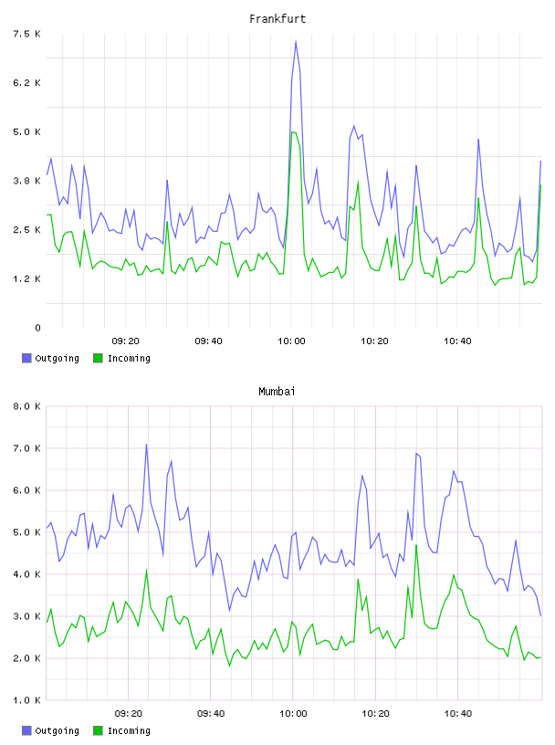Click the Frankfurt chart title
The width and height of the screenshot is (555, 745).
[x=277, y=19]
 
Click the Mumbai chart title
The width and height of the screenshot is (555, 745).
[x=277, y=392]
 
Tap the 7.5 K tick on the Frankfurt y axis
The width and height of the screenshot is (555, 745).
[x=26, y=34]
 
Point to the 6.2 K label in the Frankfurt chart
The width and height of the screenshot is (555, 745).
[x=26, y=83]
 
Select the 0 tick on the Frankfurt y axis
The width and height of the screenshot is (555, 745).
[x=37, y=328]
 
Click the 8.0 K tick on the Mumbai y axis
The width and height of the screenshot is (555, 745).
[x=26, y=406]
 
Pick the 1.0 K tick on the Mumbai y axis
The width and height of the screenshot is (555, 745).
[x=26, y=700]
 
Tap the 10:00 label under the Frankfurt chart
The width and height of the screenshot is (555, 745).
[x=291, y=341]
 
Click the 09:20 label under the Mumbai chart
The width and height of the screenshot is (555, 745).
[x=129, y=714]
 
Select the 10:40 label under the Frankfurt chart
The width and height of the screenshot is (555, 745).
[x=457, y=341]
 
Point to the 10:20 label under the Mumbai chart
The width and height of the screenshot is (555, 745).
[x=375, y=714]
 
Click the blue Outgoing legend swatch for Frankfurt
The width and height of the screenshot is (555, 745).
[x=26, y=358]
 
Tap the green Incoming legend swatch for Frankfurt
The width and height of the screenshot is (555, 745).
[x=98, y=358]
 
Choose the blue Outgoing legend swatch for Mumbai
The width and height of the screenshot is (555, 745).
[x=26, y=730]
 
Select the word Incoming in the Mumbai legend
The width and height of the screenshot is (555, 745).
[x=129, y=730]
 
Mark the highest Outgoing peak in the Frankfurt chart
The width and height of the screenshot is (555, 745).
[x=296, y=41]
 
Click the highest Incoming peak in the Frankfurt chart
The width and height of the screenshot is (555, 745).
[x=293, y=131]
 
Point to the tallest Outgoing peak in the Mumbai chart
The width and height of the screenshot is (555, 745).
[x=146, y=445]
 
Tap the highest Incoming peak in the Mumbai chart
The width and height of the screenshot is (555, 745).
[x=416, y=545]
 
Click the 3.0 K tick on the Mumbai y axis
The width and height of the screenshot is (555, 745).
[x=26, y=616]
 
